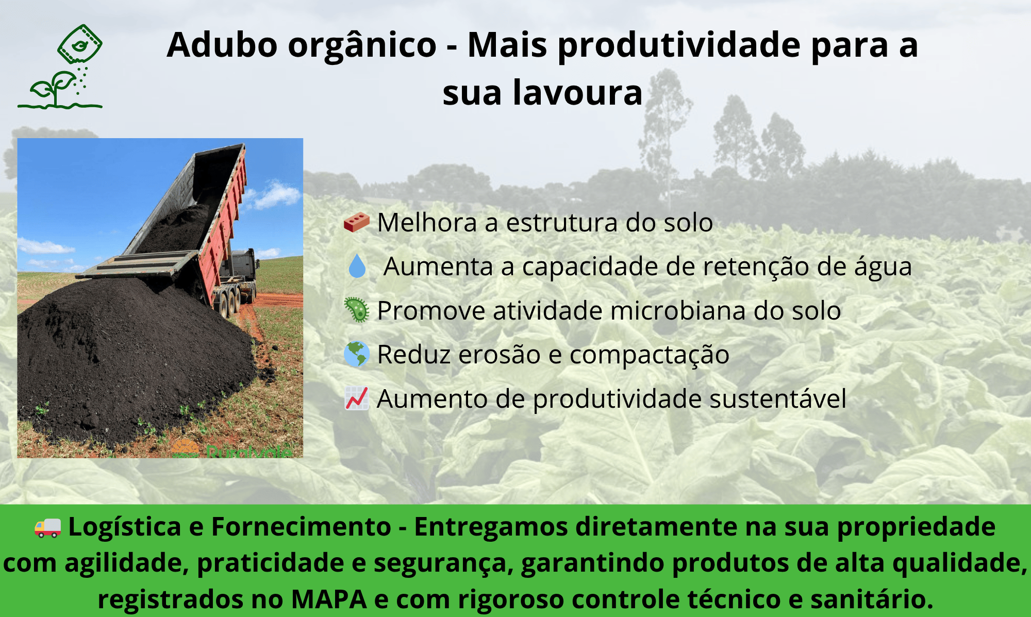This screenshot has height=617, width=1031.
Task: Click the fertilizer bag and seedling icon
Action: tap(60, 67)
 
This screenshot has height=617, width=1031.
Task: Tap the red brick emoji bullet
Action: tap(357, 222)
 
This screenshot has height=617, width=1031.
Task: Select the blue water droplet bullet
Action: tap(357, 266)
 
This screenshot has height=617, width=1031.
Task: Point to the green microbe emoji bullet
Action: tap(357, 310)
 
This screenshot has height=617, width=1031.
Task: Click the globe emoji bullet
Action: tap(357, 354)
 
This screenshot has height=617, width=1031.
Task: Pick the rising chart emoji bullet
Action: tap(357, 398)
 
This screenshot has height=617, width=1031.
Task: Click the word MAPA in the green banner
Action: tap(328, 599)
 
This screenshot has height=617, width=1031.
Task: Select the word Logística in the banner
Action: tap(125, 527)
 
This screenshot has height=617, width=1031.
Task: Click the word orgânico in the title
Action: tap(362, 45)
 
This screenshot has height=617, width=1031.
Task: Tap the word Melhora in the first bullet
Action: tap(427, 223)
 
